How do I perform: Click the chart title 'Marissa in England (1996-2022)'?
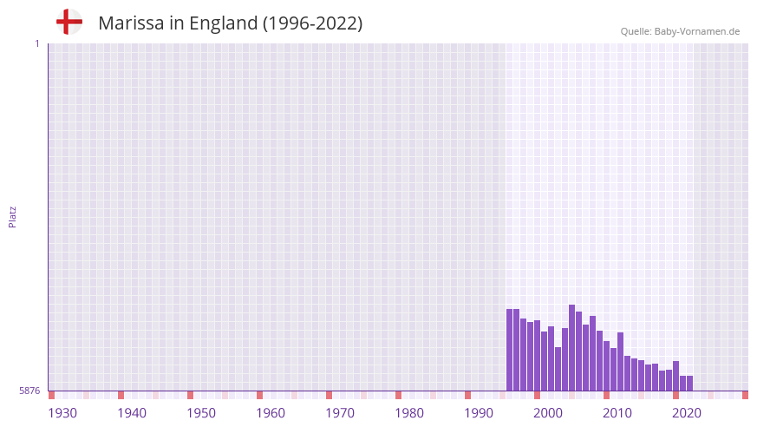click(x=230, y=23)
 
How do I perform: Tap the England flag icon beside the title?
click(x=69, y=23)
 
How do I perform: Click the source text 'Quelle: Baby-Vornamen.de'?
click(x=680, y=31)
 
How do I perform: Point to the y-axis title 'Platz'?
click(x=12, y=217)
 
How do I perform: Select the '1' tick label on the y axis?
click(x=36, y=43)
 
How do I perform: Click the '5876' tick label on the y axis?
click(x=29, y=391)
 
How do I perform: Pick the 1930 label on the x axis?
click(x=62, y=413)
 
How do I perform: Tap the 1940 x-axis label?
click(x=132, y=413)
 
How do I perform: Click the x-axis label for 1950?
click(x=201, y=413)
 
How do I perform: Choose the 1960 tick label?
click(x=271, y=413)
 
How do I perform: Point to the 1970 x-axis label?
click(x=340, y=413)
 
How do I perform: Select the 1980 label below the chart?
click(x=409, y=413)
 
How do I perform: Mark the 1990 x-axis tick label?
click(x=479, y=413)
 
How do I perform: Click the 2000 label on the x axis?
click(x=548, y=413)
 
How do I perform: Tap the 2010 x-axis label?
click(x=617, y=413)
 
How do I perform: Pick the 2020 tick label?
click(x=687, y=413)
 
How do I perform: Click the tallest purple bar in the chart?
click(x=572, y=347)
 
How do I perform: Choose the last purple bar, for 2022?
click(x=690, y=384)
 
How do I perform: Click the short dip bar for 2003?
click(x=558, y=369)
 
